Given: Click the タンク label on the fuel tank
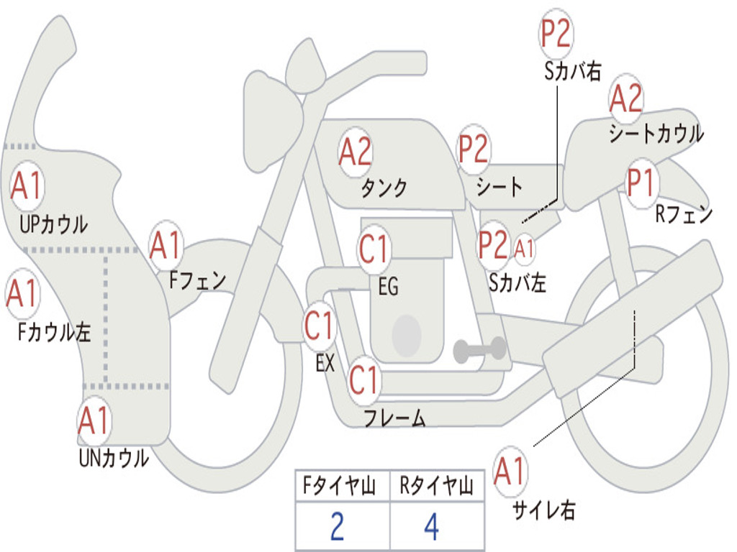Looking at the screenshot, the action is click(x=384, y=188).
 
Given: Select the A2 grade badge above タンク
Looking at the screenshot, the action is click(x=356, y=152).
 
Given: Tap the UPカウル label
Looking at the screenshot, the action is click(x=53, y=224).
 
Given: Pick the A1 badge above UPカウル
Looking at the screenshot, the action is click(x=27, y=185).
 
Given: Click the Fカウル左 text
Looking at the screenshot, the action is click(x=54, y=332).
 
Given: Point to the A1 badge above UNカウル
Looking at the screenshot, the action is click(x=94, y=421).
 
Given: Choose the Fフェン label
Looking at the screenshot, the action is click(x=197, y=281).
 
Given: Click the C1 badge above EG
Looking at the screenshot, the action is click(x=374, y=249).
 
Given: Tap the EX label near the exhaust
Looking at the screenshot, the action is click(x=325, y=363).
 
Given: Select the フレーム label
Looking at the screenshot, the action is click(x=395, y=418).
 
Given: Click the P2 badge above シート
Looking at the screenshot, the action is click(x=474, y=149).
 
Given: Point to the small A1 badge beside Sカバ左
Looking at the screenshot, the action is click(x=524, y=249).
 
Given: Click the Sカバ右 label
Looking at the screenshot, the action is click(x=572, y=71).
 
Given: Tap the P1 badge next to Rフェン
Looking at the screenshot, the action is click(x=641, y=183).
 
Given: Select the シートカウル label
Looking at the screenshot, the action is click(x=656, y=134).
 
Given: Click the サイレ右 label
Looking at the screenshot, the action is click(x=544, y=510).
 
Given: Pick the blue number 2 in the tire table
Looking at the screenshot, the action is click(x=337, y=527).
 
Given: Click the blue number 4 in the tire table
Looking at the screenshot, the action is click(x=432, y=527).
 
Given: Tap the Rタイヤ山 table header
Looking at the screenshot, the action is click(x=436, y=486).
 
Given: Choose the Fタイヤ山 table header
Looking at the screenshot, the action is click(x=340, y=486).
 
